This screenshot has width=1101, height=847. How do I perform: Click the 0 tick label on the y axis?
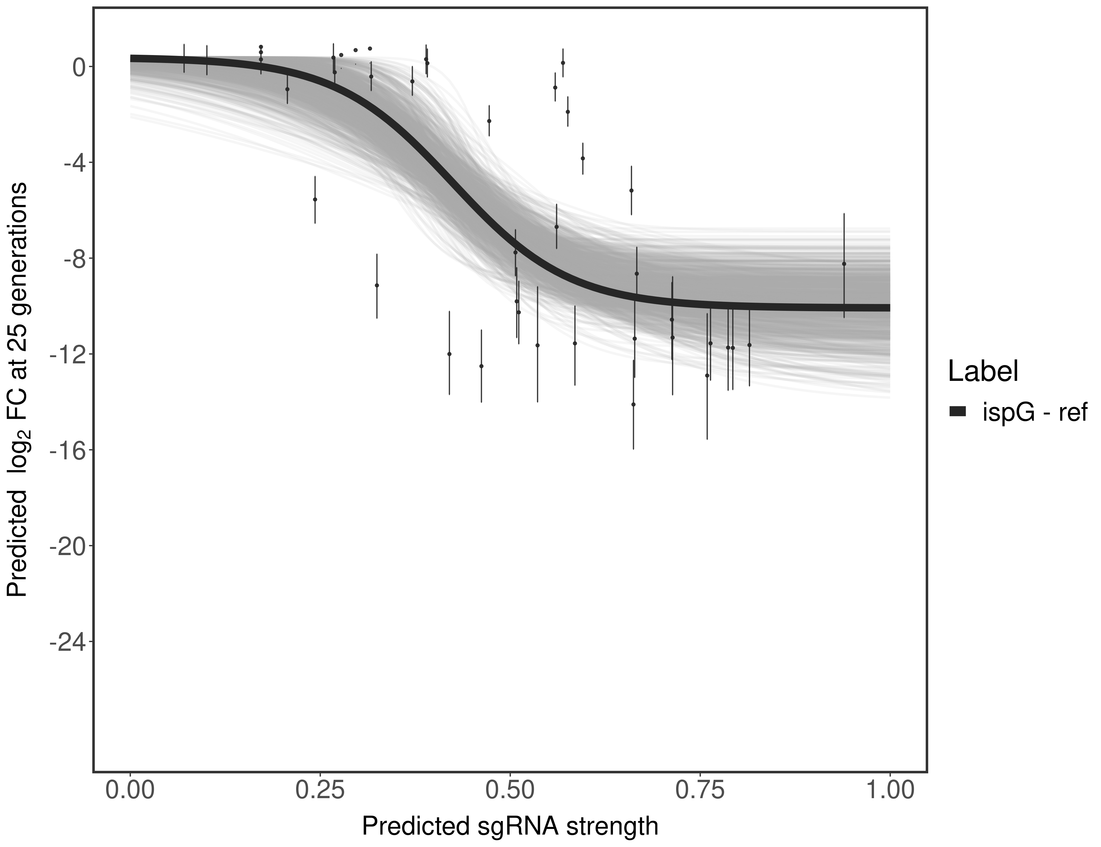(79, 67)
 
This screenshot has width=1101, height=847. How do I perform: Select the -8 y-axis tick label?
(73, 259)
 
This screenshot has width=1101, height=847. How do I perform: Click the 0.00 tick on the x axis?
(130, 789)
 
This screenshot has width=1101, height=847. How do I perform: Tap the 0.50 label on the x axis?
(510, 789)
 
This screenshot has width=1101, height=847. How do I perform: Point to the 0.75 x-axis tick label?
(700, 789)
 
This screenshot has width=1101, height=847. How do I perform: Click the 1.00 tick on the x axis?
(890, 789)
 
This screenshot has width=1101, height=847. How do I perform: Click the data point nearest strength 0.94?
(844, 264)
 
